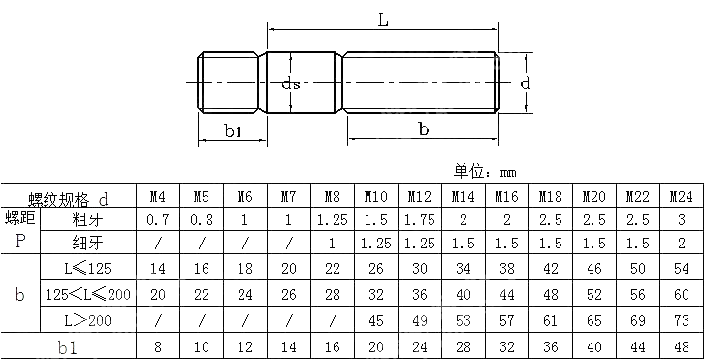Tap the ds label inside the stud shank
[289, 84]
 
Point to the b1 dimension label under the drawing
[232, 131]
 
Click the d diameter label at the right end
[525, 83]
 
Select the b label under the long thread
[423, 129]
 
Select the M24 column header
[681, 197]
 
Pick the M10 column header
[375, 197]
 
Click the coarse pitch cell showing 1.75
[419, 219]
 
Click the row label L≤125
[87, 266]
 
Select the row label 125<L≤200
[87, 292]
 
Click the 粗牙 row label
[86, 219]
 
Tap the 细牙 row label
[86, 243]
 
